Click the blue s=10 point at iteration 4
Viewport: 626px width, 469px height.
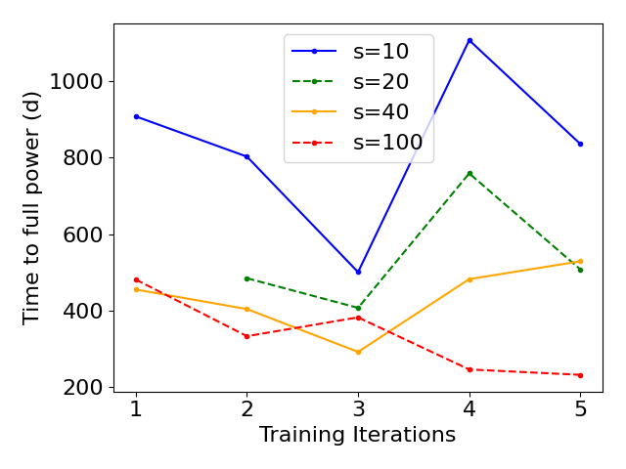469,40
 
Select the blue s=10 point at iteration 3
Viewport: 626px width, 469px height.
358,272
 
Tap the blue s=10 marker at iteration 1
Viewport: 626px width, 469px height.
136,116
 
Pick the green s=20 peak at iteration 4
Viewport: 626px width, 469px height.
469,173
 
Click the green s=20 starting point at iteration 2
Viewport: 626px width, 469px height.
247,278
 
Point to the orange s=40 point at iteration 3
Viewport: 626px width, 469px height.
358,352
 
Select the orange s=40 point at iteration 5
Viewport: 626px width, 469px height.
580,261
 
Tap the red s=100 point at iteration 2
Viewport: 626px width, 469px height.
247,336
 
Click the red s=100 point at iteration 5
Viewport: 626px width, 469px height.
580,375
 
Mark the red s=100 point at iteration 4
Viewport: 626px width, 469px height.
469,369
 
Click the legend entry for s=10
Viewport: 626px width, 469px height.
380,51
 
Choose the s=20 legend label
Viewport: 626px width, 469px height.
380,82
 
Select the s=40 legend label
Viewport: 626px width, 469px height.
380,112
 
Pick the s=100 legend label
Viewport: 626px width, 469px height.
387,143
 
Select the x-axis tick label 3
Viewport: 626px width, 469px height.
358,408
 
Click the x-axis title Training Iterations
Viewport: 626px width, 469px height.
357,436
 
